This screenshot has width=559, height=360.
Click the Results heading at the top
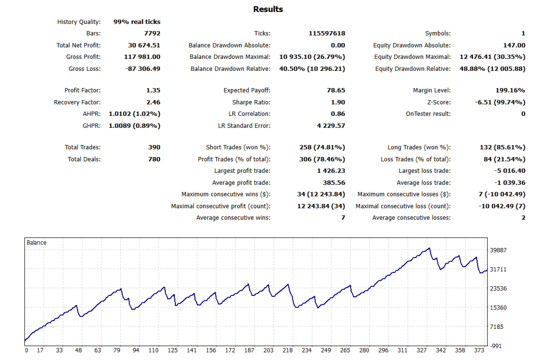pyautogui.click(x=268, y=9)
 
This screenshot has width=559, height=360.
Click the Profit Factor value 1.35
pyautogui.click(x=153, y=90)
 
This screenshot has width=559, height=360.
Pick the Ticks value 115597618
pyautogui.click(x=327, y=34)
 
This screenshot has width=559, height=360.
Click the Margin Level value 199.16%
pyautogui.click(x=510, y=90)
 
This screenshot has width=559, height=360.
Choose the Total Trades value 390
pyautogui.click(x=154, y=147)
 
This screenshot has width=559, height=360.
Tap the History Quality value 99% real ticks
pyautogui.click(x=137, y=22)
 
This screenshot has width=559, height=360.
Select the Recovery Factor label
pyautogui.click(x=77, y=102)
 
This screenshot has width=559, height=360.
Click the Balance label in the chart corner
pyautogui.click(x=36, y=243)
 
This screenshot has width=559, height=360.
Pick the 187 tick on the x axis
pyautogui.click(x=249, y=350)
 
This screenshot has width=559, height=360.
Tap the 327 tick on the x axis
pyautogui.click(x=422, y=350)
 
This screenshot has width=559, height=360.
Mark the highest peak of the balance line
pyautogui.click(x=429, y=248)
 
